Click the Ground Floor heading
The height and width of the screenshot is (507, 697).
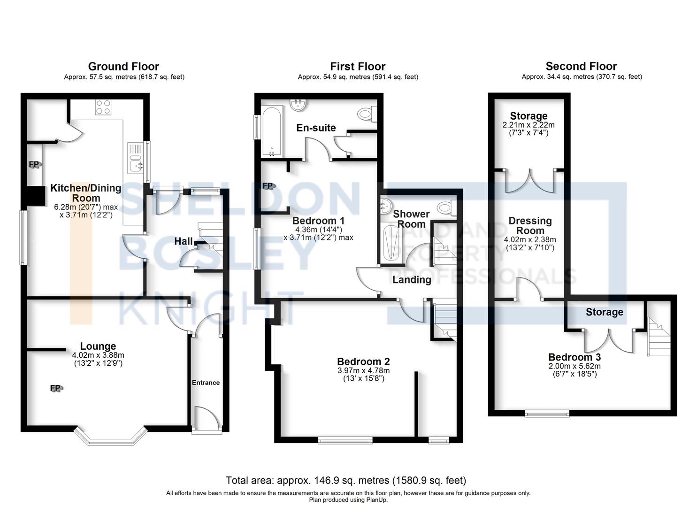123,66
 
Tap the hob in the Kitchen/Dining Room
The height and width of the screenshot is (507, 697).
103,107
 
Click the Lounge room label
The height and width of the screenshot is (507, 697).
98,346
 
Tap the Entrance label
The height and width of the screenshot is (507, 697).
206,383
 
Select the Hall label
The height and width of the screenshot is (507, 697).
184,241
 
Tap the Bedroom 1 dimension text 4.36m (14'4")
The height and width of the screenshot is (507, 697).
318,230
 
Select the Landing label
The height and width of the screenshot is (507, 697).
412,280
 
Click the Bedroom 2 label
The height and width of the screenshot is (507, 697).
363,361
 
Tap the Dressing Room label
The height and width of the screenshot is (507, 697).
530,225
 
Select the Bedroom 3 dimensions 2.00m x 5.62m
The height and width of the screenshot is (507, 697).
574,366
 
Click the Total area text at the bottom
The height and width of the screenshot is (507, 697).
346,480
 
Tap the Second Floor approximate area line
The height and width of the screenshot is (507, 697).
582,77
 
